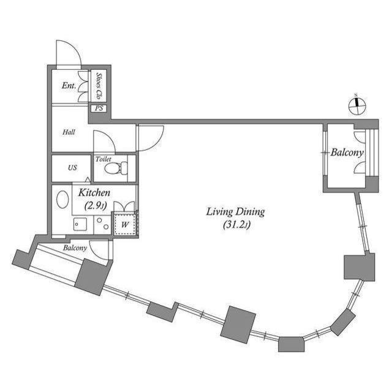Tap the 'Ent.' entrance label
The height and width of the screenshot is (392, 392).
(x=69, y=86)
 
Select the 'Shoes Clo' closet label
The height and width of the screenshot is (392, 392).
(x=99, y=86)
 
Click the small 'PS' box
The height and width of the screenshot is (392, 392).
(x=99, y=109)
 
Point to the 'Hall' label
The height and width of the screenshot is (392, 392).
(x=69, y=132)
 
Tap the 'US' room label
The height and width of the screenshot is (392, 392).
(x=72, y=168)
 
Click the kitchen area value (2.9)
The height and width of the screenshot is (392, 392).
(x=95, y=205)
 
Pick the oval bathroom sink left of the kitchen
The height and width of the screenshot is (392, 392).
(x=62, y=200)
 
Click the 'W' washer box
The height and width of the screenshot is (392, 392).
(x=125, y=224)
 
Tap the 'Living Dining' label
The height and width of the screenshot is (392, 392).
(x=235, y=212)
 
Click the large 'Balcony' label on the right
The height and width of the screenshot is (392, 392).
(x=347, y=153)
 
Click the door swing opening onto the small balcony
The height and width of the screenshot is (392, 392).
(x=99, y=249)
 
